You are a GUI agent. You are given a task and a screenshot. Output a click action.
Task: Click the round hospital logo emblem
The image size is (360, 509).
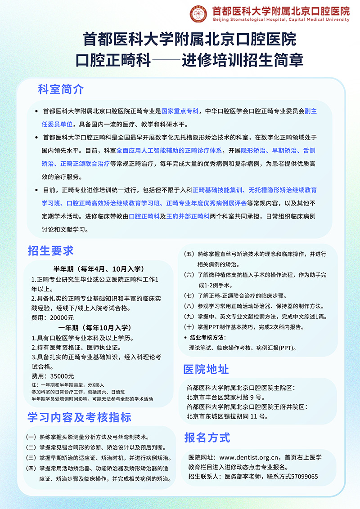point(198,14)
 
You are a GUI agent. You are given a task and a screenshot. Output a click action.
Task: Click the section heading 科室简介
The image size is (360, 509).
point(61,89)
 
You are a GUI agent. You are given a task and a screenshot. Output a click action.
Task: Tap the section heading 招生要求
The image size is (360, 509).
point(50,250)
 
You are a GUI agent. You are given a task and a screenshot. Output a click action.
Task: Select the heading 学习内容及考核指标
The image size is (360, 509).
point(79,417)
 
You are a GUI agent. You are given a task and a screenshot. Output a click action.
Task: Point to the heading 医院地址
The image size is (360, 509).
point(206,369)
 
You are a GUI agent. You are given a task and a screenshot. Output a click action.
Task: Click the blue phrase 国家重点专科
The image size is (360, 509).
point(180,111)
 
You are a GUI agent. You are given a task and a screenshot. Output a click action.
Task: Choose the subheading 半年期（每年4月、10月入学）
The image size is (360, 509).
point(99,269)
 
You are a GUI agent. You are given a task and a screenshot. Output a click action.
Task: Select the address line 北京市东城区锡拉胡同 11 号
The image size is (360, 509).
point(227,416)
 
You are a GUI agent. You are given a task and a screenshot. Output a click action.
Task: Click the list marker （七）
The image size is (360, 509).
point(189,296)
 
